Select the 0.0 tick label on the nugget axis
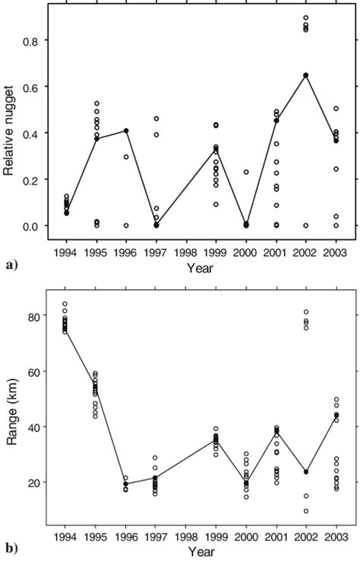point(30,226)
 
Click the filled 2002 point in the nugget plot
point(305,75)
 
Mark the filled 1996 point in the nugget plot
point(126,131)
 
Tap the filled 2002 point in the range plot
point(305,472)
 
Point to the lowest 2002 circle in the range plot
point(305,511)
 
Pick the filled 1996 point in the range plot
point(126,484)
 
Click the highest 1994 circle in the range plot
point(66,304)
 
